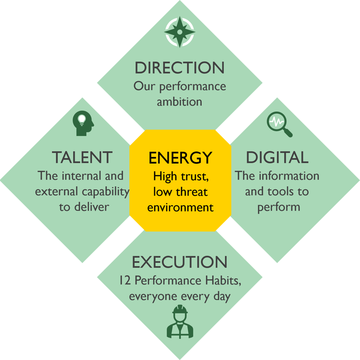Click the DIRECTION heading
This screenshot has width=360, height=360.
click(x=180, y=67)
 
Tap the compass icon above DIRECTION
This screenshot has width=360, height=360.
click(x=180, y=32)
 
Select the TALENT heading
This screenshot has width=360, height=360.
click(x=82, y=157)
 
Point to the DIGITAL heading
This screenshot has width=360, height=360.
click(x=277, y=157)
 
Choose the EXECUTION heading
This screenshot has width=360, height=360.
click(x=180, y=262)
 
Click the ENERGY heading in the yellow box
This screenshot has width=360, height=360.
click(x=180, y=158)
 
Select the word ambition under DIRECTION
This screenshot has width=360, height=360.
click(x=180, y=102)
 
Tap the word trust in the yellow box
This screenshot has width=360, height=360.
click(x=192, y=177)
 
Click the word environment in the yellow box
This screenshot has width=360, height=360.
click(x=180, y=207)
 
